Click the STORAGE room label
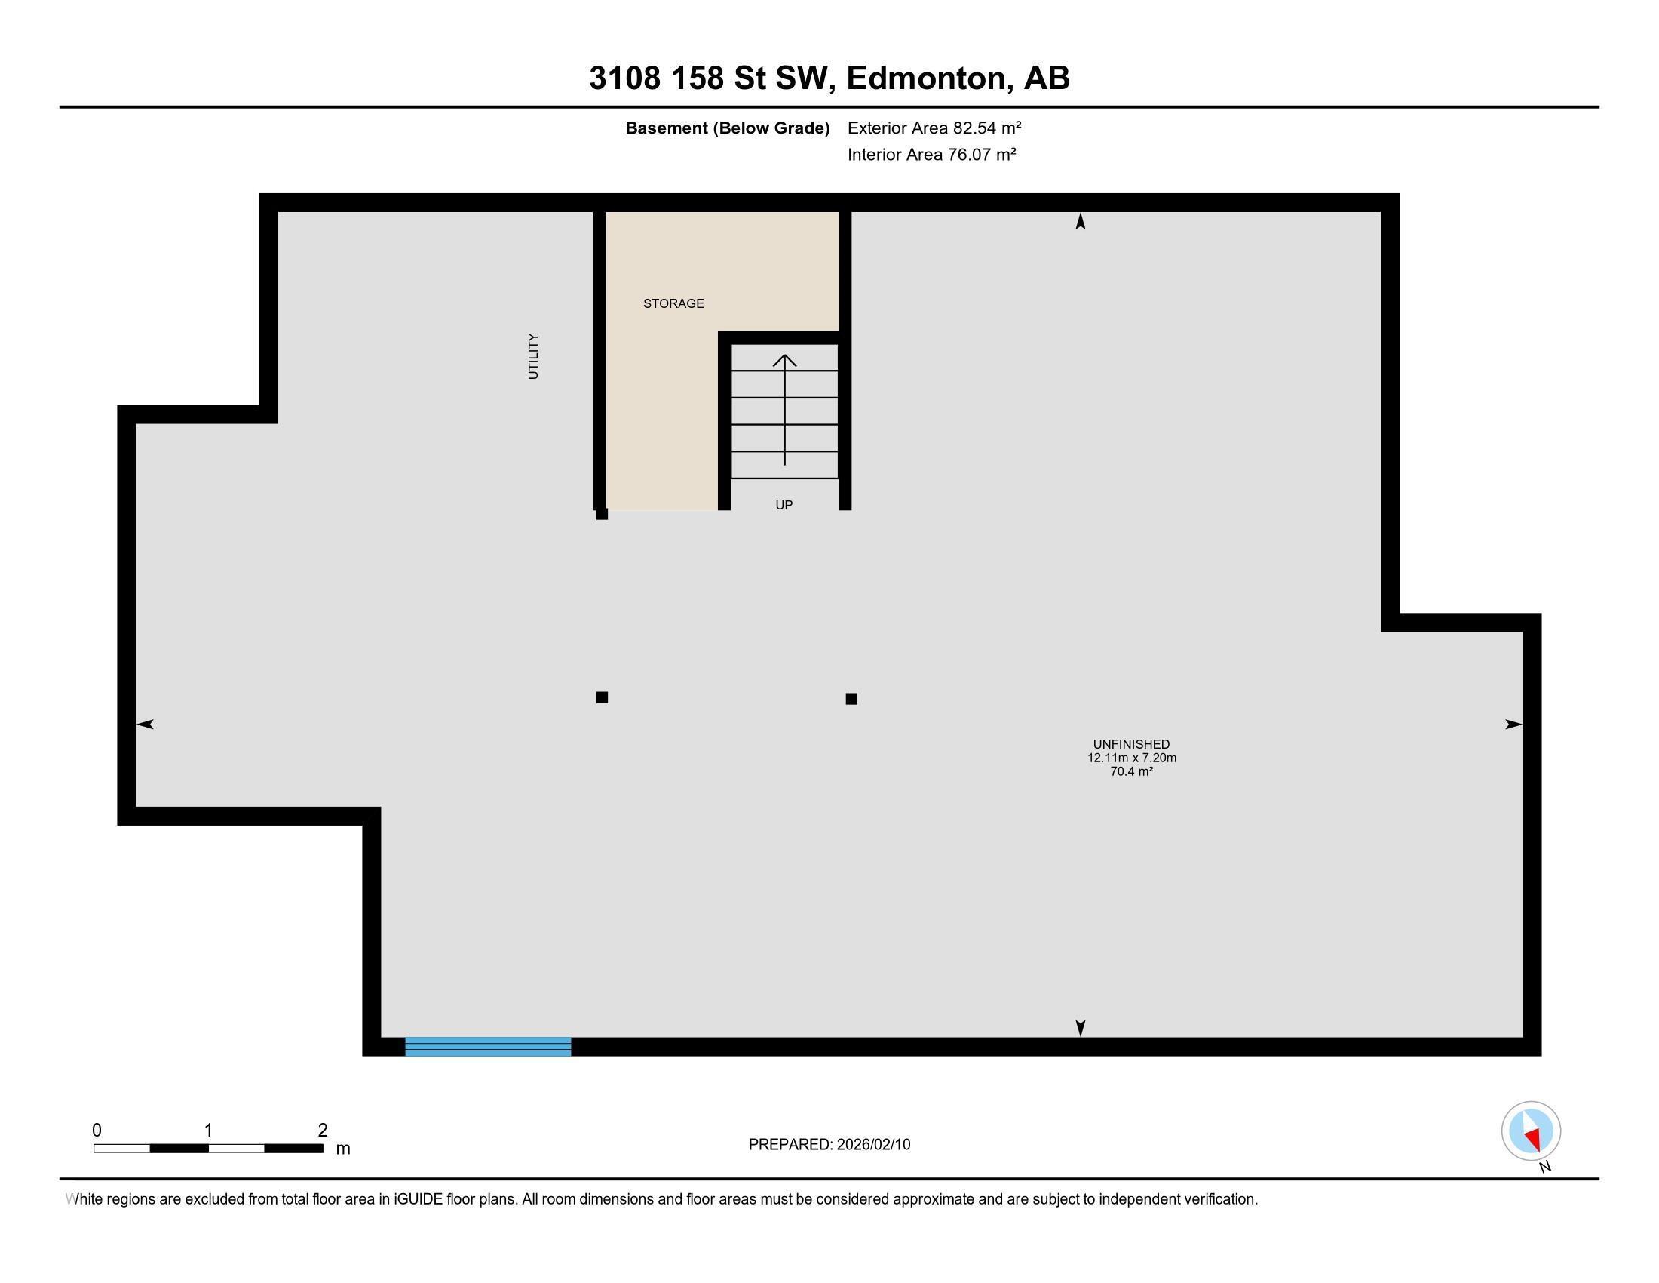tap(673, 303)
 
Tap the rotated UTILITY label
tap(533, 356)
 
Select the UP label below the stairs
tap(784, 505)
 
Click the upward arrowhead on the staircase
tap(785, 360)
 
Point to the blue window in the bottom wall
tap(488, 1047)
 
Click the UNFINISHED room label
tap(1131, 744)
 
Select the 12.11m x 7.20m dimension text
tap(1131, 758)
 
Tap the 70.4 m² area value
tap(1131, 771)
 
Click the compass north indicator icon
tap(1531, 1131)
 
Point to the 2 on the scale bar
tap(323, 1131)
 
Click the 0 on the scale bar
tap(97, 1131)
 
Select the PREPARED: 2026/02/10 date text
tap(829, 1145)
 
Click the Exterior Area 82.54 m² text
tap(934, 128)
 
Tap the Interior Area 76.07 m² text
tap(931, 154)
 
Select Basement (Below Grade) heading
tap(727, 128)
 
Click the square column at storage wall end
tap(603, 515)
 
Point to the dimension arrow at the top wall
tap(1080, 221)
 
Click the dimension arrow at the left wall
tap(146, 725)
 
